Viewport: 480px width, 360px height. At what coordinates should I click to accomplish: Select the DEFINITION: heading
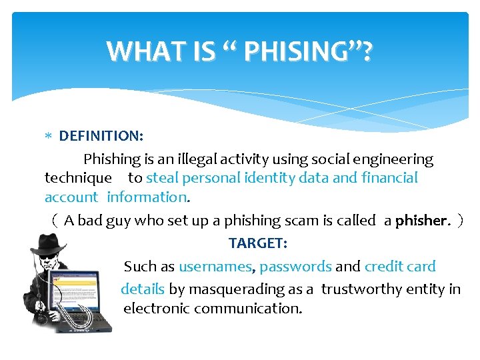101,136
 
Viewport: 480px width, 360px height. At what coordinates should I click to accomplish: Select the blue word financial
389,178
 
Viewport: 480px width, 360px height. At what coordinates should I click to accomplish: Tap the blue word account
71,197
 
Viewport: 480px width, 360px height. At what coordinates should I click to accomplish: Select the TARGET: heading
258,243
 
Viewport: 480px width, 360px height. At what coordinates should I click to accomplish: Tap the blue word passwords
295,267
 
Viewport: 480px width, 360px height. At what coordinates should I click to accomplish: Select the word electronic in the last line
159,309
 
